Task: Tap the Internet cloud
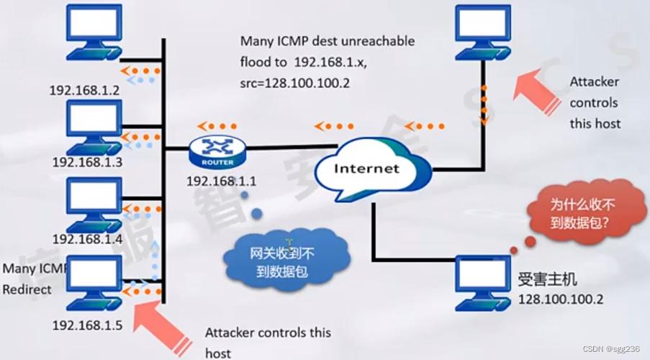point(366,170)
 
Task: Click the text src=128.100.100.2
point(295,83)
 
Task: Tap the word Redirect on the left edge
point(27,289)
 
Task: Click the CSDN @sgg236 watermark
point(610,349)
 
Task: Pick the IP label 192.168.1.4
point(87,238)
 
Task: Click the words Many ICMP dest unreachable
point(328,41)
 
